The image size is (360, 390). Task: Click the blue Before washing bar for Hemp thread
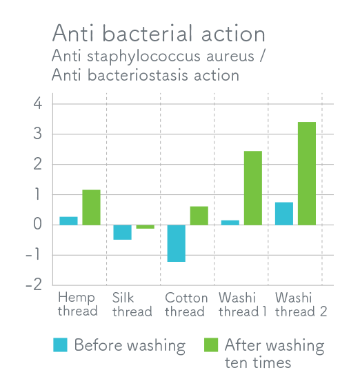click(x=68, y=221)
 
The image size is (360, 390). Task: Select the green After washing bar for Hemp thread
click(x=91, y=207)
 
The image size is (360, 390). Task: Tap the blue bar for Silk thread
click(x=123, y=232)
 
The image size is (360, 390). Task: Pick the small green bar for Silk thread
click(x=146, y=227)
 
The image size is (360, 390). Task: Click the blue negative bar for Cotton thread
click(x=177, y=243)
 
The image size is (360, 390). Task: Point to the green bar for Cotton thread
click(x=199, y=216)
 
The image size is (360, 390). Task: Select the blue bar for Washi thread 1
click(x=230, y=223)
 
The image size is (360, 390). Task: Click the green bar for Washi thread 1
click(x=253, y=188)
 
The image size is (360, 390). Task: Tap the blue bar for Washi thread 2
click(x=284, y=214)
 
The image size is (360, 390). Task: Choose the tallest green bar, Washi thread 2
click(x=307, y=174)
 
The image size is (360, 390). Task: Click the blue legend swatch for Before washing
click(x=60, y=345)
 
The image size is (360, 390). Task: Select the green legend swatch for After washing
click(x=211, y=345)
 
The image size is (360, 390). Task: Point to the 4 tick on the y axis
click(x=38, y=103)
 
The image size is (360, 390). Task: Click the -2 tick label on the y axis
click(x=34, y=285)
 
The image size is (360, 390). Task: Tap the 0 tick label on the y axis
click(x=38, y=225)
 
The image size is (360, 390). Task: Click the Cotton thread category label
click(x=186, y=305)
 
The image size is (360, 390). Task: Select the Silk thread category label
click(x=132, y=305)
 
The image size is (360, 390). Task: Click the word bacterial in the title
click(x=148, y=33)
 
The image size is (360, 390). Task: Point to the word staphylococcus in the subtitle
click(x=143, y=57)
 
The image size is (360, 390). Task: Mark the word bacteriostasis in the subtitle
click(x=138, y=75)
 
